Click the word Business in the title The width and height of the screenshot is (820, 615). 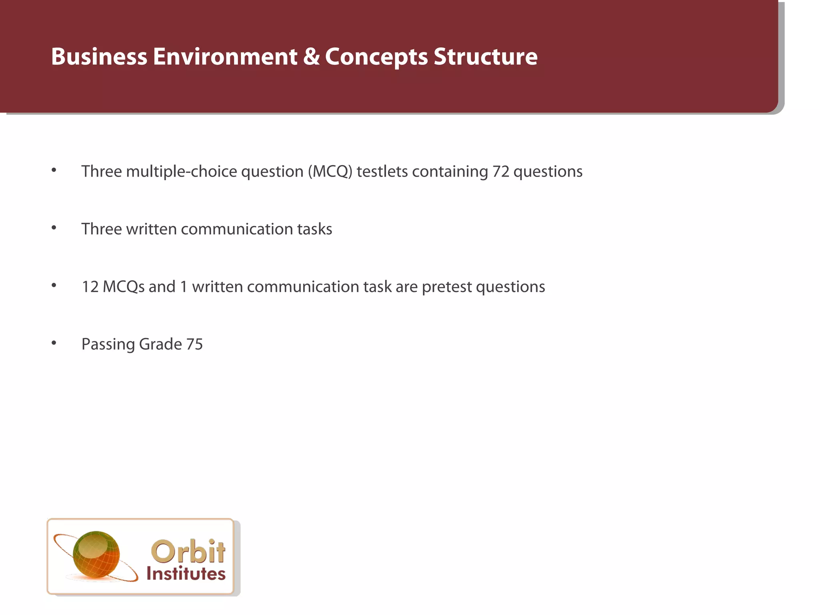pos(99,56)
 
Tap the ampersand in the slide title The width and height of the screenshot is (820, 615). pos(311,56)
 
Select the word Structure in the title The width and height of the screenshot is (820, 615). pos(485,56)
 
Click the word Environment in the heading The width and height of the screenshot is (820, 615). pos(225,56)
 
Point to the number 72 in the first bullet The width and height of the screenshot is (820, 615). pos(500,171)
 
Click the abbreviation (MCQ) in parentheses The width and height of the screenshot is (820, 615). pos(330,171)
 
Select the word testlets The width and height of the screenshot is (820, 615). pos(382,171)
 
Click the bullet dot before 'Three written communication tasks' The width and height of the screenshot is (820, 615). pos(54,228)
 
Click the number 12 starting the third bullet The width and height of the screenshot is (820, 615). pos(90,287)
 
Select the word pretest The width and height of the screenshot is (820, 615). pos(447,287)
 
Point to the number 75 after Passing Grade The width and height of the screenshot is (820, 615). pos(194,344)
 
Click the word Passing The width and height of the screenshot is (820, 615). pos(108,344)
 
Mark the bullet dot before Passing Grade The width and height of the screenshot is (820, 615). pos(54,343)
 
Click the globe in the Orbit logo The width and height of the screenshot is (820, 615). pos(96,555)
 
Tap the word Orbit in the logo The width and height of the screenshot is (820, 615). pos(188,551)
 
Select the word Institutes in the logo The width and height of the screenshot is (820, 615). pos(186,574)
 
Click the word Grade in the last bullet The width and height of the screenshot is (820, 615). pos(160,344)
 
